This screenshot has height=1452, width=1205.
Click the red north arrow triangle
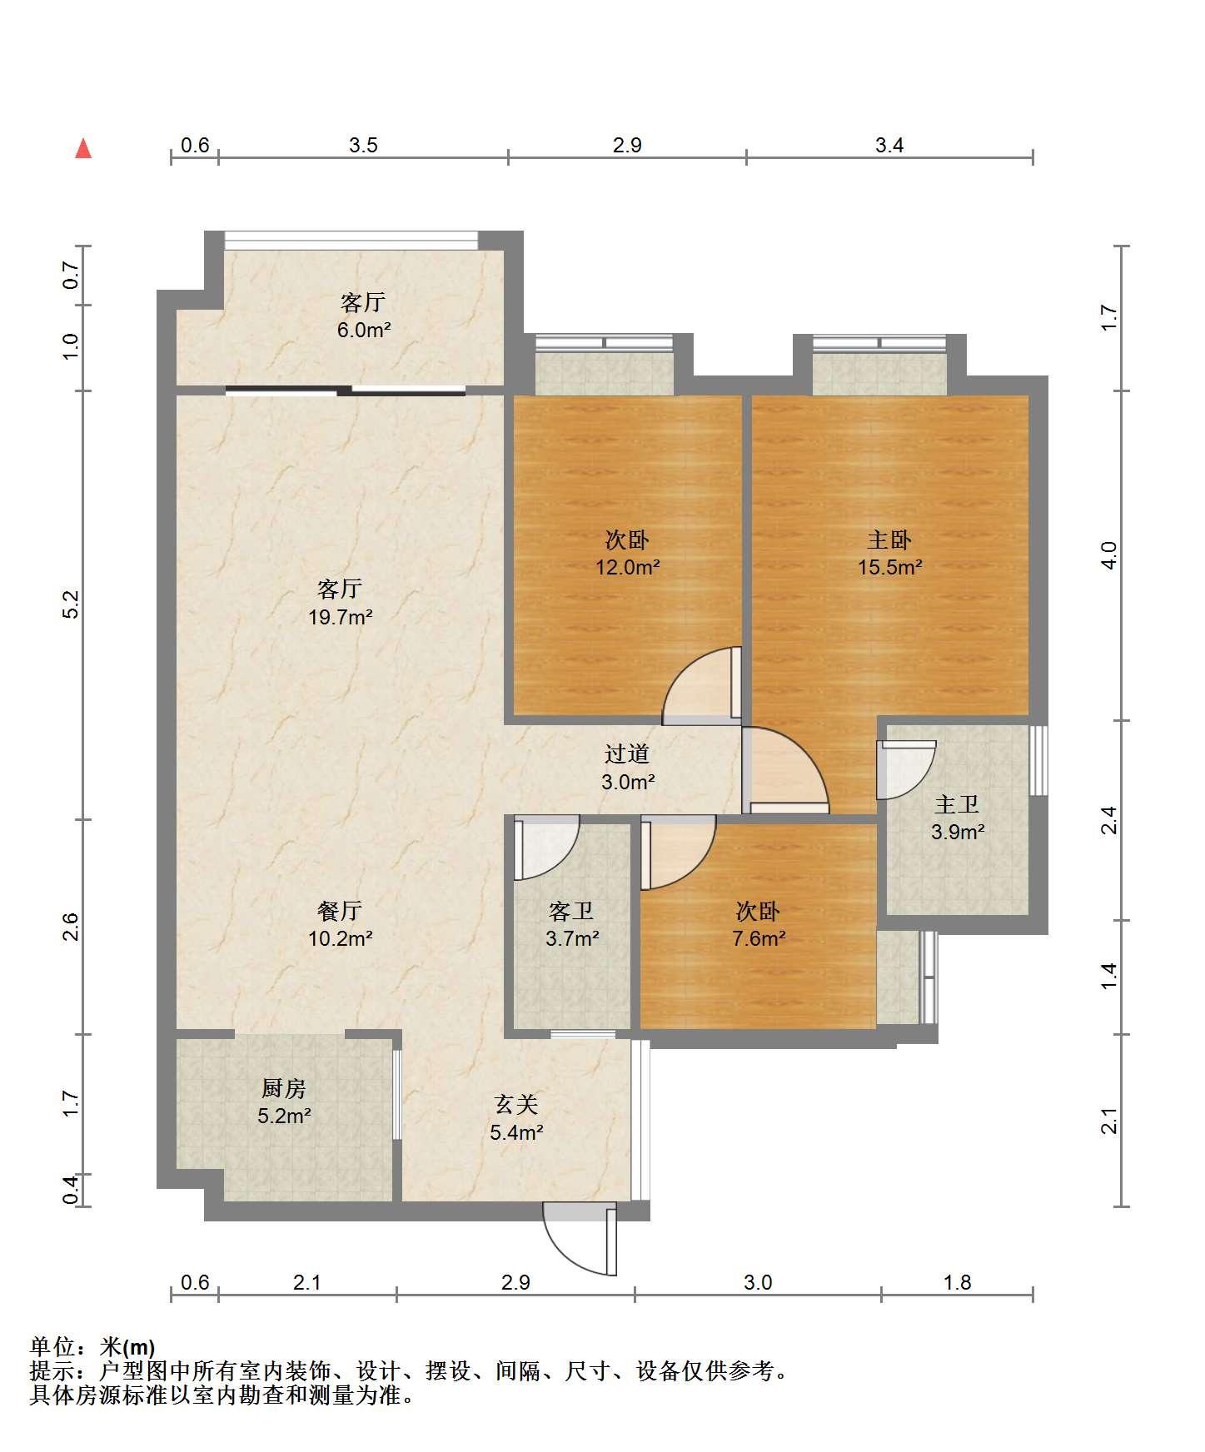click(x=83, y=148)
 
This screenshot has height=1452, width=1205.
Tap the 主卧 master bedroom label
click(x=889, y=540)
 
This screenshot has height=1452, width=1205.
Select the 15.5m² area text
click(x=890, y=568)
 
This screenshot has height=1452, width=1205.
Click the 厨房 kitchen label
click(x=284, y=1088)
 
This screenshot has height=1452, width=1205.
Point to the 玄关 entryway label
click(x=516, y=1105)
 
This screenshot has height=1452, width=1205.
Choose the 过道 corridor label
click(x=627, y=754)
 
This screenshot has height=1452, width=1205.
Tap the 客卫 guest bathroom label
click(x=572, y=912)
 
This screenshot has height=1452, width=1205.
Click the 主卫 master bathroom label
click(x=957, y=804)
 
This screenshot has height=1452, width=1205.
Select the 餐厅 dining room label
click(x=340, y=912)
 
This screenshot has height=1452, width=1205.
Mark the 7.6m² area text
click(x=759, y=939)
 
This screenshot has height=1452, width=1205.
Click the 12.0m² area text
click(x=627, y=568)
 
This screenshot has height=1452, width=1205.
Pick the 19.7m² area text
click(x=340, y=618)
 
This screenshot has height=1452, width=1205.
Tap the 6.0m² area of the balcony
click(x=364, y=331)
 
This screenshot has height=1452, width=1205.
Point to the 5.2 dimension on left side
click(x=71, y=604)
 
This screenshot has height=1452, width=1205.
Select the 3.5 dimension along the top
click(x=363, y=146)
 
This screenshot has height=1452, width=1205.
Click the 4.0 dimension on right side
click(x=1108, y=555)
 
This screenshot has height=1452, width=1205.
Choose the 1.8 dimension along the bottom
click(x=958, y=1282)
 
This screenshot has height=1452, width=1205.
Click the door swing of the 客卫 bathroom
click(x=546, y=848)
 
